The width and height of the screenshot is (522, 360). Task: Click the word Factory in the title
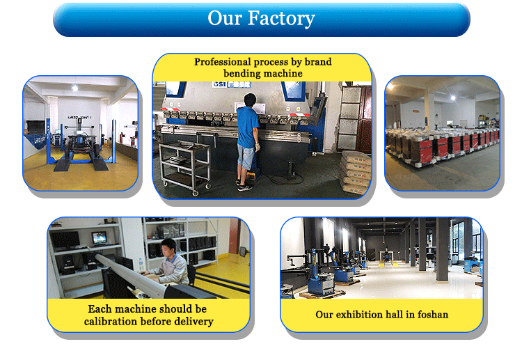pos(281,19)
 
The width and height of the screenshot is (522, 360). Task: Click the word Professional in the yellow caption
pos(223,62)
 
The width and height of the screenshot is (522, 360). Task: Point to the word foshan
pos(433,314)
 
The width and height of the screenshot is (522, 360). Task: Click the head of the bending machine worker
pos(250,100)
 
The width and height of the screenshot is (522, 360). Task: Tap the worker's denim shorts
pos(246,157)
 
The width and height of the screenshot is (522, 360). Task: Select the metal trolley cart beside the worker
pos(184,167)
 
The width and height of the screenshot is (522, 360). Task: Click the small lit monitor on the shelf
pos(100,238)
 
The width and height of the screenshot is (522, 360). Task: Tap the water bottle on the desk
pos(141,265)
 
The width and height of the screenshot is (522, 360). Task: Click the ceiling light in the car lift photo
pos(75,88)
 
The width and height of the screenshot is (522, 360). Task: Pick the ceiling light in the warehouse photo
pos(453,97)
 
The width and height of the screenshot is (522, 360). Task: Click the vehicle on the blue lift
pos(81,143)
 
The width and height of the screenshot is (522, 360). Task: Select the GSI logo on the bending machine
pos(219,84)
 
